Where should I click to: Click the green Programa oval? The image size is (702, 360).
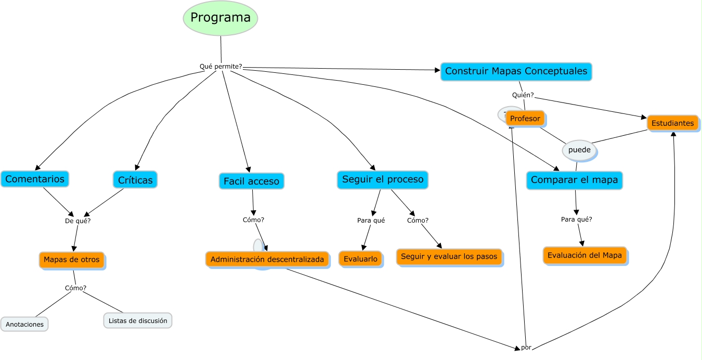[220, 18]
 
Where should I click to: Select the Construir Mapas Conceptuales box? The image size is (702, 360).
[516, 71]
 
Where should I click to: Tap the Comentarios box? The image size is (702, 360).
[35, 179]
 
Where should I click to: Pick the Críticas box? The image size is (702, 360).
[135, 180]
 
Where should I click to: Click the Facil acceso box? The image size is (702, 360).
[251, 181]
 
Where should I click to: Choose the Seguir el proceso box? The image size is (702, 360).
[383, 179]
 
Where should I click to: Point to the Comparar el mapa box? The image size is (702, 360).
[574, 181]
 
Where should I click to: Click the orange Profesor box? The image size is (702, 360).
[525, 119]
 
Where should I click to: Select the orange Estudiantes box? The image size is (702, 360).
[672, 123]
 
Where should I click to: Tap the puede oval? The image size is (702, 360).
[579, 150]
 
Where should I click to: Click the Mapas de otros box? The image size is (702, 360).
[72, 260]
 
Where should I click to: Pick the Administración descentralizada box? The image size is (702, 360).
[267, 259]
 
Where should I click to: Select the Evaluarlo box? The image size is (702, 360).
[360, 259]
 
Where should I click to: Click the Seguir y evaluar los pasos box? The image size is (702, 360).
[449, 256]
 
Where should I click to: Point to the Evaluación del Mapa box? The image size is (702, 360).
[584, 255]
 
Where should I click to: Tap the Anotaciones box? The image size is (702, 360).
[24, 324]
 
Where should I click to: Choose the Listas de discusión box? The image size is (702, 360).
[138, 320]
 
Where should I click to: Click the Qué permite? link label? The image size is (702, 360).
[221, 67]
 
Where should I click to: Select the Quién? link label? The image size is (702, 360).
[523, 95]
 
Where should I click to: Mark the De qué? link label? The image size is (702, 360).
[77, 221]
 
